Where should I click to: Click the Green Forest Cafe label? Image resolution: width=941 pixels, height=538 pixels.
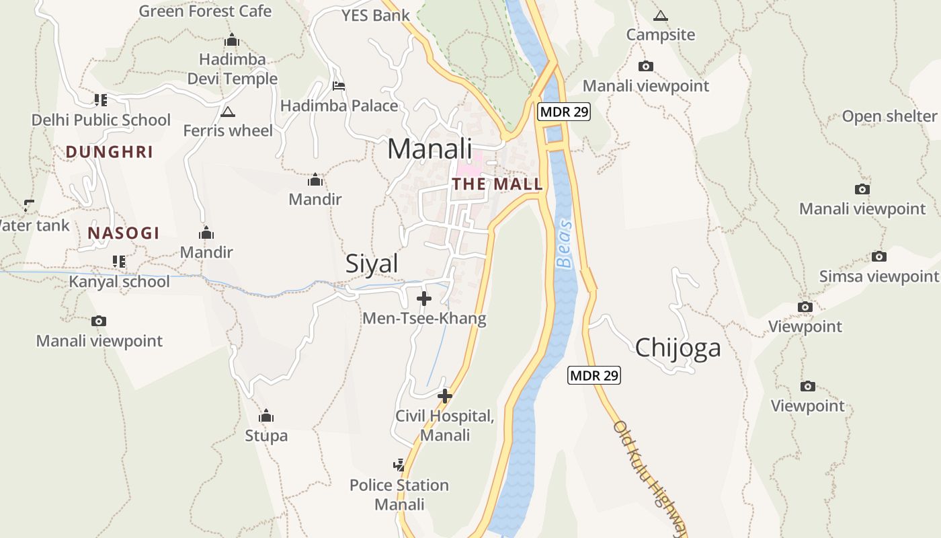tap(205, 11)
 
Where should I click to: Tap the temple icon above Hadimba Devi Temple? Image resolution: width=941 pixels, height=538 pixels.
tap(232, 40)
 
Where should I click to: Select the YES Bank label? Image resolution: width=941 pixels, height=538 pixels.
tap(375, 15)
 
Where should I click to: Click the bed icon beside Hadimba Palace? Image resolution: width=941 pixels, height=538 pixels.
tap(339, 86)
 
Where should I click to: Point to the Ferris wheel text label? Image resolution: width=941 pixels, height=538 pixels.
tap(228, 130)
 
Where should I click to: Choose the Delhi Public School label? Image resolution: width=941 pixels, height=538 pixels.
tap(101, 120)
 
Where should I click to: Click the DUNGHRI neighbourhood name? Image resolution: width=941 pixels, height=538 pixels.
tap(110, 152)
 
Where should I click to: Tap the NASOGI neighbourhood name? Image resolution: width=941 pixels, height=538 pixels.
tap(124, 233)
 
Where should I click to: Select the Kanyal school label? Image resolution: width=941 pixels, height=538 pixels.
tap(120, 281)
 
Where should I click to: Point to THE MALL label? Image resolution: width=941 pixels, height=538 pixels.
tap(497, 184)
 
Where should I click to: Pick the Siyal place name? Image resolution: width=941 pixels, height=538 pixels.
tap(372, 264)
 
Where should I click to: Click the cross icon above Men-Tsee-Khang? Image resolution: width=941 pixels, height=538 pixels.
tap(424, 299)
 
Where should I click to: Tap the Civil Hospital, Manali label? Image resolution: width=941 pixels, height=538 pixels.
tap(444, 425)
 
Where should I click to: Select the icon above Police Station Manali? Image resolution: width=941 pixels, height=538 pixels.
tap(399, 465)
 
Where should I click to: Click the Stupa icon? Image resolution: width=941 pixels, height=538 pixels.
tap(266, 416)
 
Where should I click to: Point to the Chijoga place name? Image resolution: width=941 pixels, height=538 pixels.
tap(678, 348)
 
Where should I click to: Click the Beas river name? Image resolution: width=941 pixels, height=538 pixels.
tap(566, 244)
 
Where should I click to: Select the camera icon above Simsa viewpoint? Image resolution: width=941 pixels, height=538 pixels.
tap(878, 256)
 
